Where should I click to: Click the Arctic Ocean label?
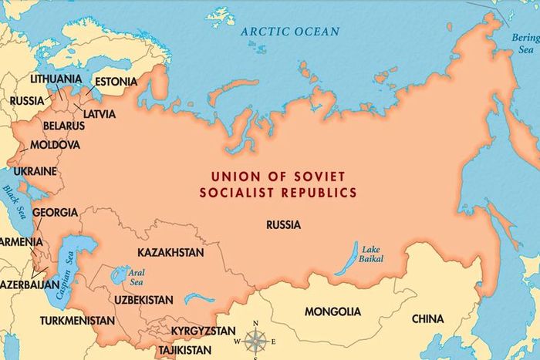(289, 32)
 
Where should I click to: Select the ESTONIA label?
(116, 82)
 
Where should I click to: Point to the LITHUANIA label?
(56, 79)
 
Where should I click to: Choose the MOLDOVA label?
(55, 145)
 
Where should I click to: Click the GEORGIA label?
(55, 212)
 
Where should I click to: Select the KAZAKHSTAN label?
(170, 253)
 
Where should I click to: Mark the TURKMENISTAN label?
(77, 320)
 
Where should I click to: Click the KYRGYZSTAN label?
(203, 331)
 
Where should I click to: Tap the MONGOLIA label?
(332, 312)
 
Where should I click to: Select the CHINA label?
(427, 318)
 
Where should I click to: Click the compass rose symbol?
(257, 339)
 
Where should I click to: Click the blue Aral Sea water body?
(120, 273)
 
